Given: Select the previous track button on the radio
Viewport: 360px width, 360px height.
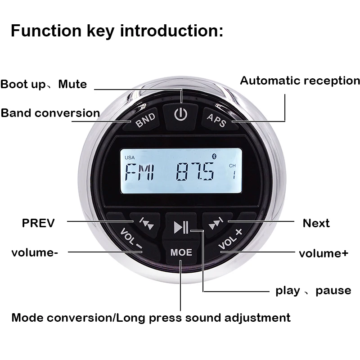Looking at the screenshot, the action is (145, 222).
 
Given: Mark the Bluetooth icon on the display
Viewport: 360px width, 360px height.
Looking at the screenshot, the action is (214, 155).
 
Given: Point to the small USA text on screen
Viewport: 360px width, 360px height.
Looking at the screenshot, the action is (130, 157).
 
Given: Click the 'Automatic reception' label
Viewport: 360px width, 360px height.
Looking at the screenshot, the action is (300, 81).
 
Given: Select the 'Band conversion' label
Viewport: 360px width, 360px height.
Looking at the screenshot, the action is (50, 113).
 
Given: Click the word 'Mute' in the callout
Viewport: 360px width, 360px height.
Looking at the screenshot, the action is (72, 84).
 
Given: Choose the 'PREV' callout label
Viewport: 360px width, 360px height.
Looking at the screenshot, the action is (38, 223).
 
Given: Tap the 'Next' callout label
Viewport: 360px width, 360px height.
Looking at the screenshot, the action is (316, 223).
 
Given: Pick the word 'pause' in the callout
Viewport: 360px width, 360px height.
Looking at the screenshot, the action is (333, 290).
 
